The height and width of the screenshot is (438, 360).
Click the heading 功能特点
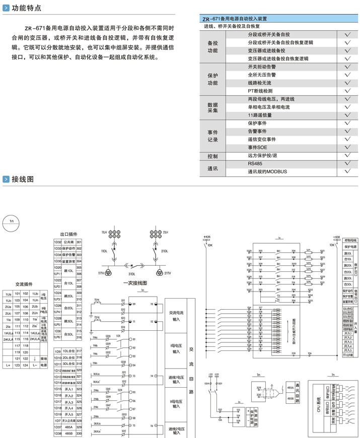(x=27, y=8)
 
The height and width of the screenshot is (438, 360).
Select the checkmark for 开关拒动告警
(x=347, y=66)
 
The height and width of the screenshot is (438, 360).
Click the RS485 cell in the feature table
(x=255, y=164)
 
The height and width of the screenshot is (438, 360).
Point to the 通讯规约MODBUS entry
(x=267, y=171)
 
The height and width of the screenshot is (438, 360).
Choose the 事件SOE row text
(x=257, y=147)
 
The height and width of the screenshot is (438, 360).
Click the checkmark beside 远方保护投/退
(x=347, y=156)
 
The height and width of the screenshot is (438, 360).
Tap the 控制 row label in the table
(x=212, y=156)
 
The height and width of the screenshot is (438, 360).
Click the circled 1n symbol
(x=11, y=220)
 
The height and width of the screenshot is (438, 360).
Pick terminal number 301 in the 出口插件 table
(x=79, y=242)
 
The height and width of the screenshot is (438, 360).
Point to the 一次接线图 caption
(x=135, y=283)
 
